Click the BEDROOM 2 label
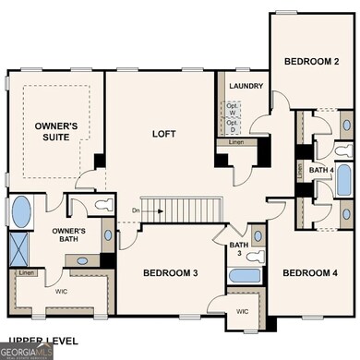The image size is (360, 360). (x=311, y=61)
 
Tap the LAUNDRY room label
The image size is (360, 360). (x=247, y=87)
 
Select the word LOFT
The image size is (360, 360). (x=164, y=134)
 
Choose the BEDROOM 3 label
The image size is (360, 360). (x=171, y=272)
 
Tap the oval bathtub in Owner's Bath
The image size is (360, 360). (x=20, y=210)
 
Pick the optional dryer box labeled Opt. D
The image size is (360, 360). (x=234, y=122)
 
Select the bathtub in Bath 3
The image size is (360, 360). (x=243, y=276)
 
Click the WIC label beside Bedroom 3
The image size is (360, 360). (x=243, y=311)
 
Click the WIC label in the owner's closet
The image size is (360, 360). (x=61, y=292)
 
